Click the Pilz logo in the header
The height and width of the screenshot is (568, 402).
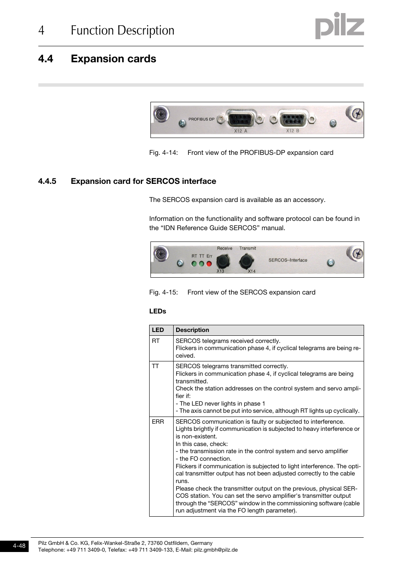coord(339,26)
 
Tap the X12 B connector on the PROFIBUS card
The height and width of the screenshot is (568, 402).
coord(293,119)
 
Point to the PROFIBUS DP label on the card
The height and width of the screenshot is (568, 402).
coord(201,119)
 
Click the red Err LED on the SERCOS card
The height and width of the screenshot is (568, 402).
coord(209,264)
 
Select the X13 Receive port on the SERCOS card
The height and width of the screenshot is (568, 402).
coord(223,261)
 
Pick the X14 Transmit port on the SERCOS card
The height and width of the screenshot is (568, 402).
coord(246,261)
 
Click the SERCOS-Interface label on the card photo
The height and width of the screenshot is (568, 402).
coord(288,260)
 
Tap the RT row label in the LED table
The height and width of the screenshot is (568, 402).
coord(156,341)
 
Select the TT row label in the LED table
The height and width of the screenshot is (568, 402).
coord(155,366)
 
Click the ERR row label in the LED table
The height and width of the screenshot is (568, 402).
coord(158,422)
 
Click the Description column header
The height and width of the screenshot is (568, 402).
coord(192,330)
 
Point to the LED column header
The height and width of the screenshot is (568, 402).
coord(158,330)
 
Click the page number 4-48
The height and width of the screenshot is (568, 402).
coord(19,546)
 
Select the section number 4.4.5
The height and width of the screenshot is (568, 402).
coord(47,181)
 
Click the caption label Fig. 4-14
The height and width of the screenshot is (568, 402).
coord(163,153)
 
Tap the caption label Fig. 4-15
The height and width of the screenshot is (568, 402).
coord(163,292)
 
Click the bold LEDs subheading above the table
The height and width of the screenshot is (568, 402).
coord(158,311)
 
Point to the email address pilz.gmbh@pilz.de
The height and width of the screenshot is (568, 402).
coord(216,549)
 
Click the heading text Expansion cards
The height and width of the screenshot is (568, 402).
coord(113,59)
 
